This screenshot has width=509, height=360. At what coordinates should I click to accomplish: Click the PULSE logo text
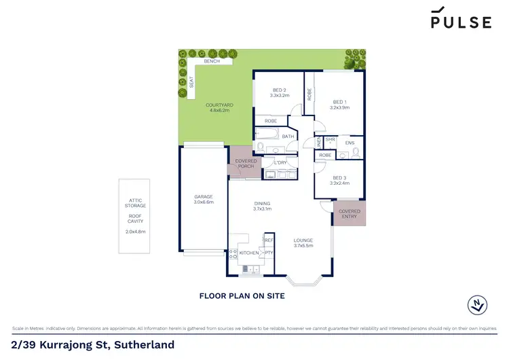pos(461,22)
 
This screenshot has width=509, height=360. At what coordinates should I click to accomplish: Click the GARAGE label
pos(204,196)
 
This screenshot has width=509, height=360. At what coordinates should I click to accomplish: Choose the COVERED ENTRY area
pos(350,215)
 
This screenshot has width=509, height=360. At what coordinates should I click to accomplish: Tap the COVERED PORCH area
pos(246,164)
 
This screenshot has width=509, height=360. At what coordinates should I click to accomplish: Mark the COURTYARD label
pos(220,105)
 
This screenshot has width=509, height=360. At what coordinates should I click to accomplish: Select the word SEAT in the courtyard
pos(192,82)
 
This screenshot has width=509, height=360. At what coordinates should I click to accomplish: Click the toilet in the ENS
pos(344,155)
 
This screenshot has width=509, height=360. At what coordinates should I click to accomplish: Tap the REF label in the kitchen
pos(269,240)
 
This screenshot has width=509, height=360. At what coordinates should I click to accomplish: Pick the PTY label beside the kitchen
pos(269,253)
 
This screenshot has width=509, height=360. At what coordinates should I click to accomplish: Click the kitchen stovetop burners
pos(233,254)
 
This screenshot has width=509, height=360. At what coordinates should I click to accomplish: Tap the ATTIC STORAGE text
pos(134,202)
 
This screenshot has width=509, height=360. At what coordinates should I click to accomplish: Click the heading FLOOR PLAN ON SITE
pos(241,296)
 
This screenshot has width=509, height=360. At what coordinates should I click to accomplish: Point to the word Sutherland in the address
pos(145,345)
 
